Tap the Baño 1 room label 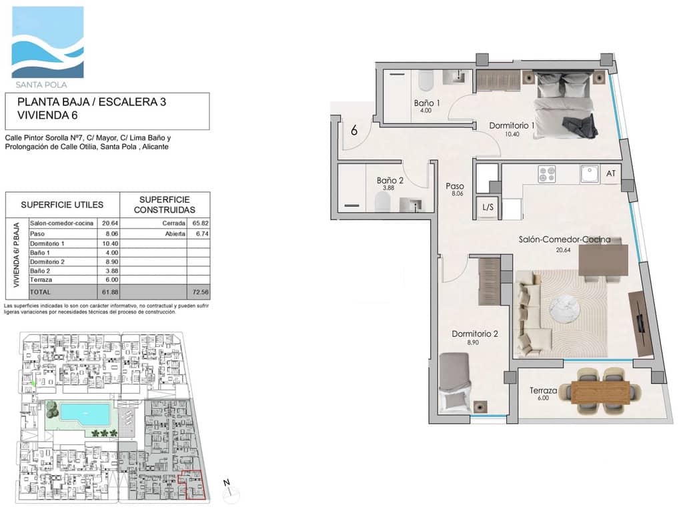[x=427, y=103]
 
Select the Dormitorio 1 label [x=512, y=125]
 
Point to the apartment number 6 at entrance [x=354, y=130]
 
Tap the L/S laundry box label [x=488, y=207]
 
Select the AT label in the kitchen [x=611, y=173]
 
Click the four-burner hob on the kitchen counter [x=548, y=173]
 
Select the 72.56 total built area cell [x=198, y=292]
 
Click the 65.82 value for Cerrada [x=198, y=223]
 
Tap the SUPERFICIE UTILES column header [x=61, y=204]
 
